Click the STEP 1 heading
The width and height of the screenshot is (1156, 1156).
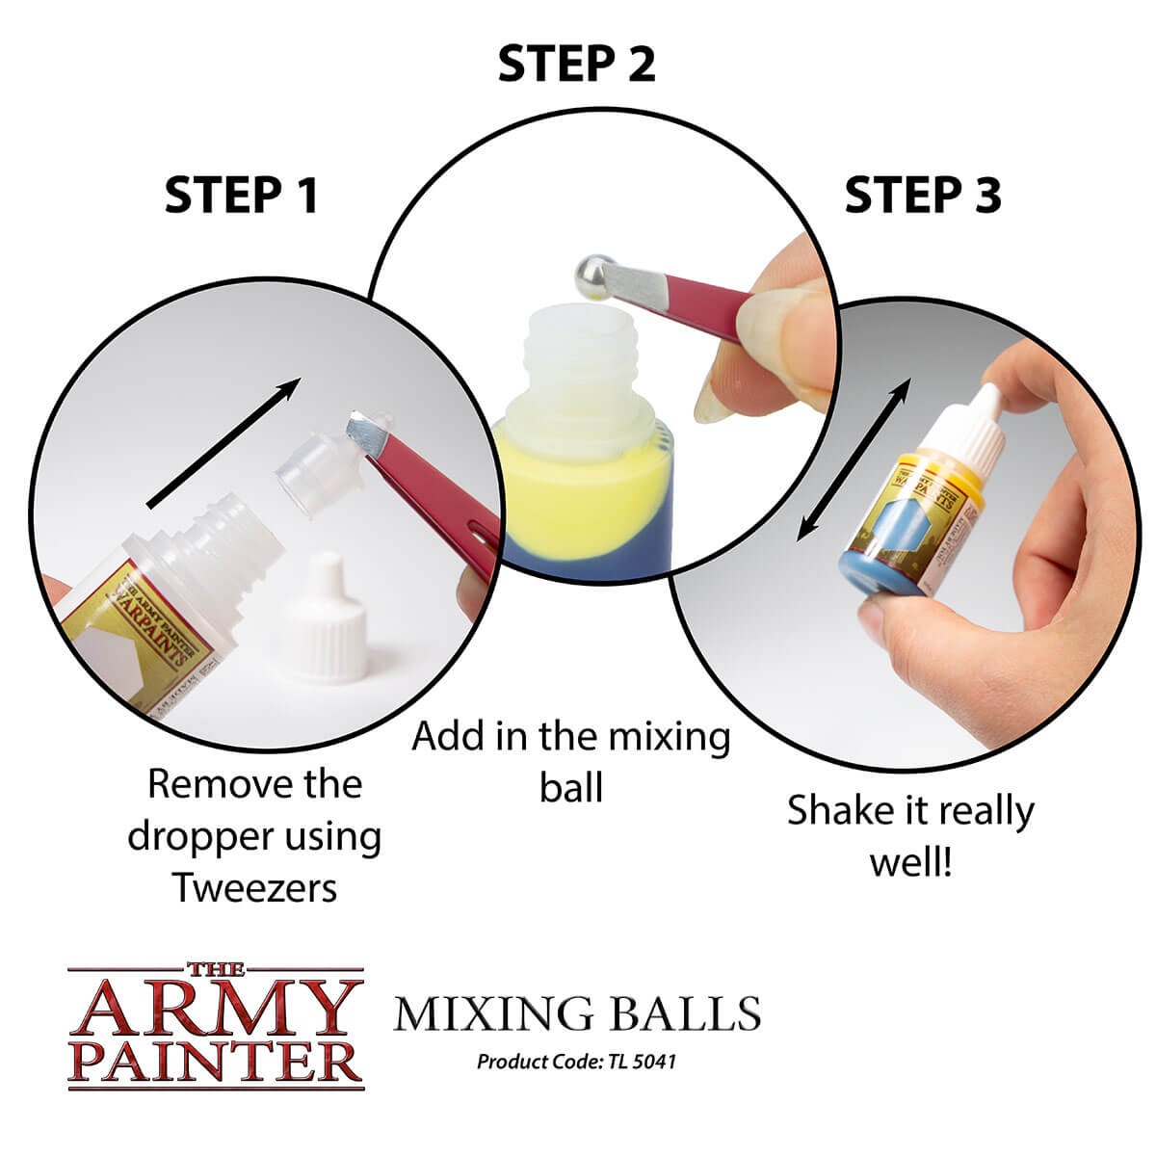(241, 196)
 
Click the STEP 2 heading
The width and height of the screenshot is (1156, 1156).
(576, 65)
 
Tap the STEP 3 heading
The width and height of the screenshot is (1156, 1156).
(922, 196)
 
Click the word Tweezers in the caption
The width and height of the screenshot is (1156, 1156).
(255, 887)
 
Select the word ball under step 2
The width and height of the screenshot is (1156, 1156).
(571, 787)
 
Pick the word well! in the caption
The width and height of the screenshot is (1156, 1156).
(909, 861)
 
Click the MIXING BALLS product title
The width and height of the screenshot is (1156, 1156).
(577, 1014)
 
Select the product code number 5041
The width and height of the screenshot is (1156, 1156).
(655, 1062)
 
